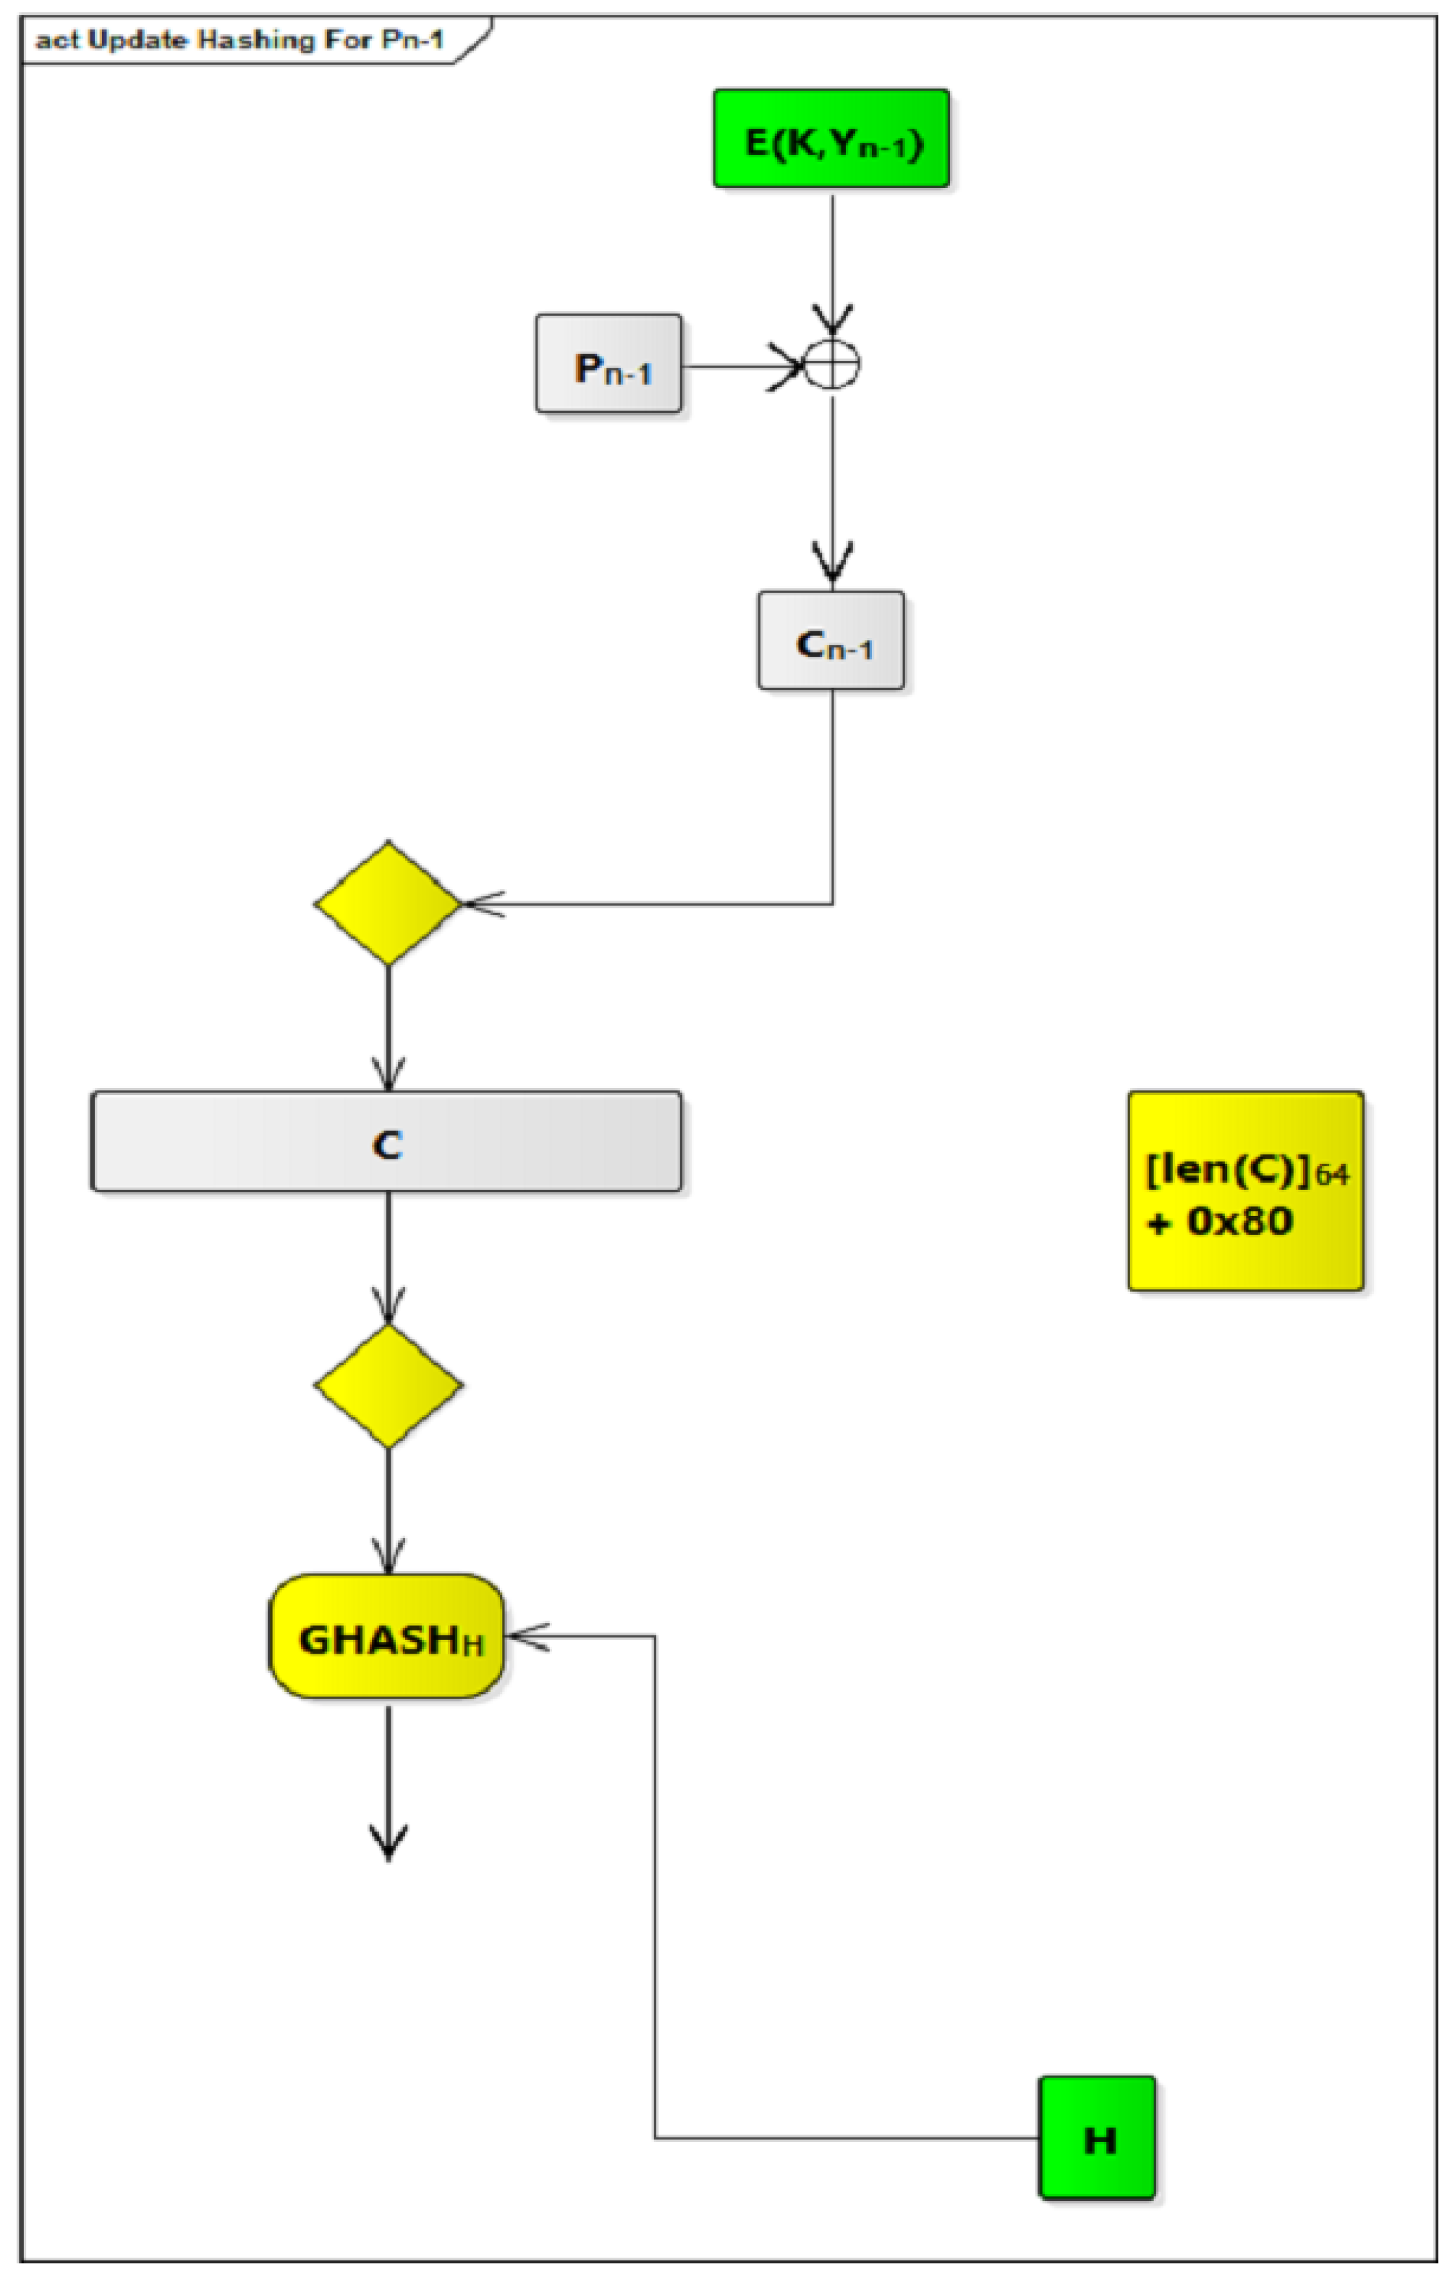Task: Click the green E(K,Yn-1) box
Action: (x=831, y=138)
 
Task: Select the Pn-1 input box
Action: (x=608, y=364)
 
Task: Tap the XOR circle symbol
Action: (x=832, y=364)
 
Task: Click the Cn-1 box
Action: (x=831, y=641)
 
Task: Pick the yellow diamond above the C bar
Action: (x=387, y=902)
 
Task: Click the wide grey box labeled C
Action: (x=386, y=1141)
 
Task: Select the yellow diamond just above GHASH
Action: (x=387, y=1385)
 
